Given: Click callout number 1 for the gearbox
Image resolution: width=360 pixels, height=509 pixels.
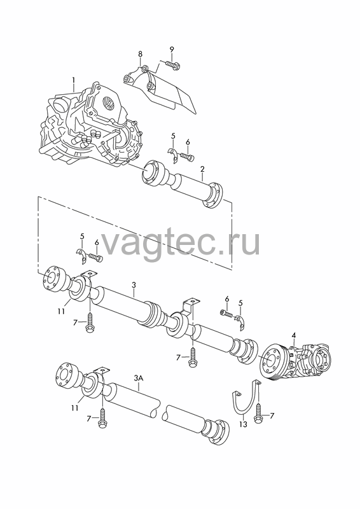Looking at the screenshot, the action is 73,80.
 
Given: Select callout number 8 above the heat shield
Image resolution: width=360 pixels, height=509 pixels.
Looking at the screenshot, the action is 140,53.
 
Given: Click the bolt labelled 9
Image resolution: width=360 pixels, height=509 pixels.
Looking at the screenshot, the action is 174,65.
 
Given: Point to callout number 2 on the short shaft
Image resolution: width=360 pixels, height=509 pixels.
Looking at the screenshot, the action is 202,169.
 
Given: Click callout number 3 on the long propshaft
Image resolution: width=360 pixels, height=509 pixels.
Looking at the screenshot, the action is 134,285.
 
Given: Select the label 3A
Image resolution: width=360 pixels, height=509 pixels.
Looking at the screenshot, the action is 139,378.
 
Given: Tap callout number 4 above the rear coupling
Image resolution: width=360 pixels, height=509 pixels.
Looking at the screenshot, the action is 293,335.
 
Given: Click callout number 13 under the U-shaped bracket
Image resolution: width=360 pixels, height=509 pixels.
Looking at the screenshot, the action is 243,424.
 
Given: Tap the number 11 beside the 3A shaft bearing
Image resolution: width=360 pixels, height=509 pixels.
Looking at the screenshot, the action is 75,408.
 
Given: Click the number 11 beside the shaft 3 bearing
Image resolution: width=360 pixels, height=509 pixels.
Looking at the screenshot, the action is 61,311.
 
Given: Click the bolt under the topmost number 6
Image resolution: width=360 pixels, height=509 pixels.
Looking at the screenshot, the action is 188,157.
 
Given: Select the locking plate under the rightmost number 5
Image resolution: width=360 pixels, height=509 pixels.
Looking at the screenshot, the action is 240,322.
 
